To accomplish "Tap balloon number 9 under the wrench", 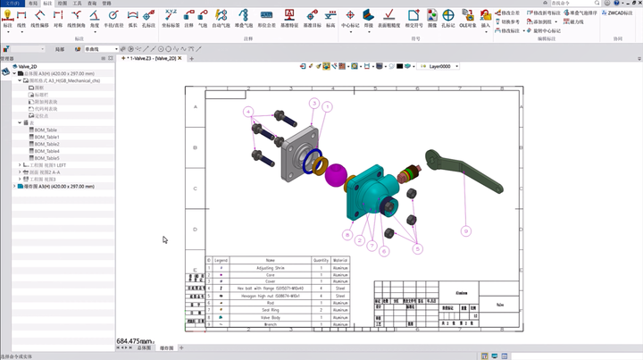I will click(465, 230).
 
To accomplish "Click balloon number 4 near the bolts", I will click(248, 112).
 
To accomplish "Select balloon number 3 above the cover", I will click(314, 104).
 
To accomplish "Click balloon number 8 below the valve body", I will click(347, 236).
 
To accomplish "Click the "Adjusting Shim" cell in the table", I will click(270, 267).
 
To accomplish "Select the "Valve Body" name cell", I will click(270, 317).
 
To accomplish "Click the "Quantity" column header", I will click(321, 260).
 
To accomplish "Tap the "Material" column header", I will click(341, 260).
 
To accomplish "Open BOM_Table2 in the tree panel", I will click(47, 144).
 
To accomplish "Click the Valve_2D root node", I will click(26, 66).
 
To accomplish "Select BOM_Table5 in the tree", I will click(47, 158).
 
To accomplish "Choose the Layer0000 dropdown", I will click(446, 66).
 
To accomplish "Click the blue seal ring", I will click(313, 163).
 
